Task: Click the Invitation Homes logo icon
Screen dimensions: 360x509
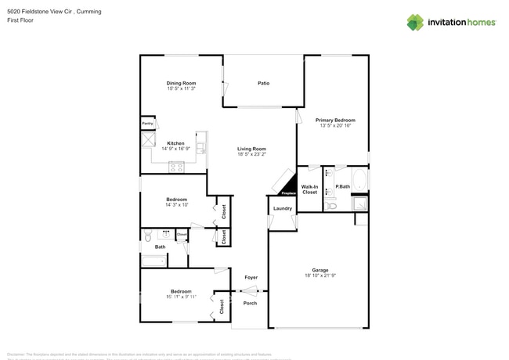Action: [x=415, y=22]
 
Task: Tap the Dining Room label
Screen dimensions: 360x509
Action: [x=181, y=83]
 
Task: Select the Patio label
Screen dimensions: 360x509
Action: [x=264, y=83]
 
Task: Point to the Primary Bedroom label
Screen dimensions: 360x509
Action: [x=335, y=120]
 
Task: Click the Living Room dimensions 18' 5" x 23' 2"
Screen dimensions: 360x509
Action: [x=252, y=154]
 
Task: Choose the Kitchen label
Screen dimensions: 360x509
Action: [x=175, y=143]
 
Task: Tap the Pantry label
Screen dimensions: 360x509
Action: [x=147, y=124]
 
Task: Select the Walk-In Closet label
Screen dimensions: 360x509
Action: [x=309, y=189]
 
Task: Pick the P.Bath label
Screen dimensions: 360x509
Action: [x=342, y=186]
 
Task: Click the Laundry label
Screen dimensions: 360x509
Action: [x=283, y=208]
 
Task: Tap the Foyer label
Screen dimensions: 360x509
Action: [x=251, y=277]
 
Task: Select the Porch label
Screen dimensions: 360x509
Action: [x=250, y=303]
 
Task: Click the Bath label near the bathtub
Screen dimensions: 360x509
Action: [x=160, y=247]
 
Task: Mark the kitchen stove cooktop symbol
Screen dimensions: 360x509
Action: [x=176, y=166]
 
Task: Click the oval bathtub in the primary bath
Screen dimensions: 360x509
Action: [x=359, y=181]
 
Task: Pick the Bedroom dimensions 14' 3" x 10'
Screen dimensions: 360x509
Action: [x=176, y=205]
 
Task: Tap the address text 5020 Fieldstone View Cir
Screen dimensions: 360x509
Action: [x=38, y=12]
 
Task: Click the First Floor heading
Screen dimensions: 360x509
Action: [x=20, y=20]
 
